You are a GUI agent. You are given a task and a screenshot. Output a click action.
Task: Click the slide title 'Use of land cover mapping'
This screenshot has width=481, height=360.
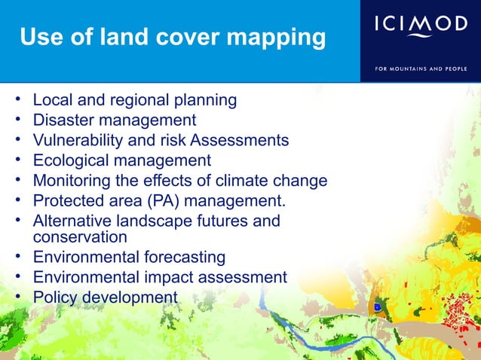(x=173, y=38)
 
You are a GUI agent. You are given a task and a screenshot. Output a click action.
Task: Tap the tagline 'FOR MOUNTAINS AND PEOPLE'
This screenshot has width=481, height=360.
(x=421, y=69)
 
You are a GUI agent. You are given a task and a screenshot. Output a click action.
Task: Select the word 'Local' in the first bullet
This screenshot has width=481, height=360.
(x=52, y=100)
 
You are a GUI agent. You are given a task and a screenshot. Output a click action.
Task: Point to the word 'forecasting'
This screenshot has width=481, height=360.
(x=183, y=258)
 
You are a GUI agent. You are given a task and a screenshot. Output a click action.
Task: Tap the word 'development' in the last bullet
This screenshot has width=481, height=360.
(x=129, y=297)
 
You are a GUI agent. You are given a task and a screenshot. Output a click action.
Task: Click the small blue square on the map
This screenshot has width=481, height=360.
(x=376, y=307)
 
